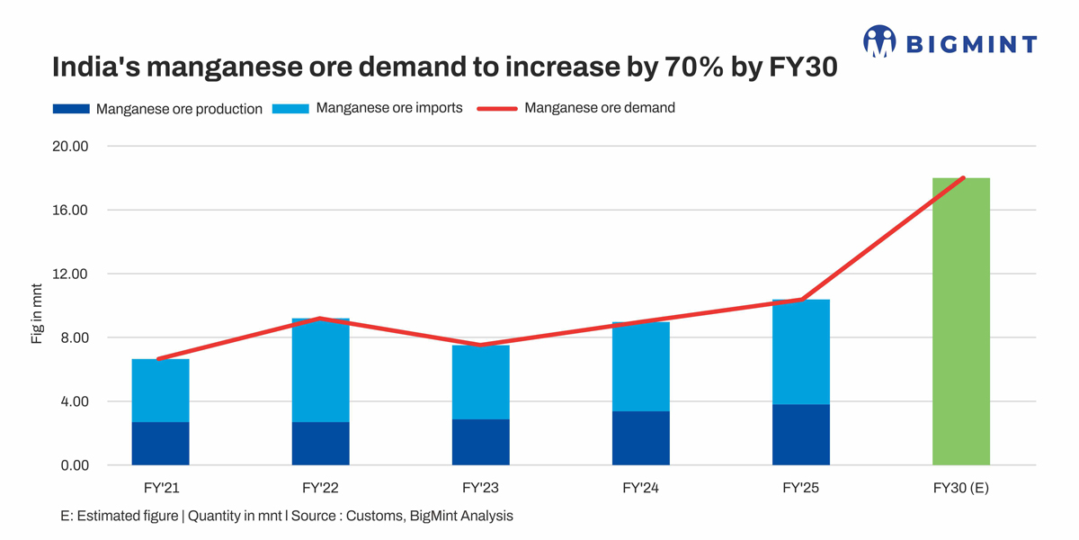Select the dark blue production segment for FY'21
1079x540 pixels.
[160, 444]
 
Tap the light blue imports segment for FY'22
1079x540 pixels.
[320, 370]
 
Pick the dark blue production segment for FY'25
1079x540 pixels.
[800, 435]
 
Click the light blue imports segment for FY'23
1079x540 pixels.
[480, 382]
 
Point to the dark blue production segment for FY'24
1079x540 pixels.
[640, 438]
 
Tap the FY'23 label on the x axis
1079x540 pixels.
[480, 488]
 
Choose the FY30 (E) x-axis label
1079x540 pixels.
[960, 488]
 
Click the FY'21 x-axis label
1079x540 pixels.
[160, 488]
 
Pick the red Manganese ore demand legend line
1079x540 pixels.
[497, 108]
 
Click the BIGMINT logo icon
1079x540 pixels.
[879, 41]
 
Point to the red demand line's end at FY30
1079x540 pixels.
[963, 178]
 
